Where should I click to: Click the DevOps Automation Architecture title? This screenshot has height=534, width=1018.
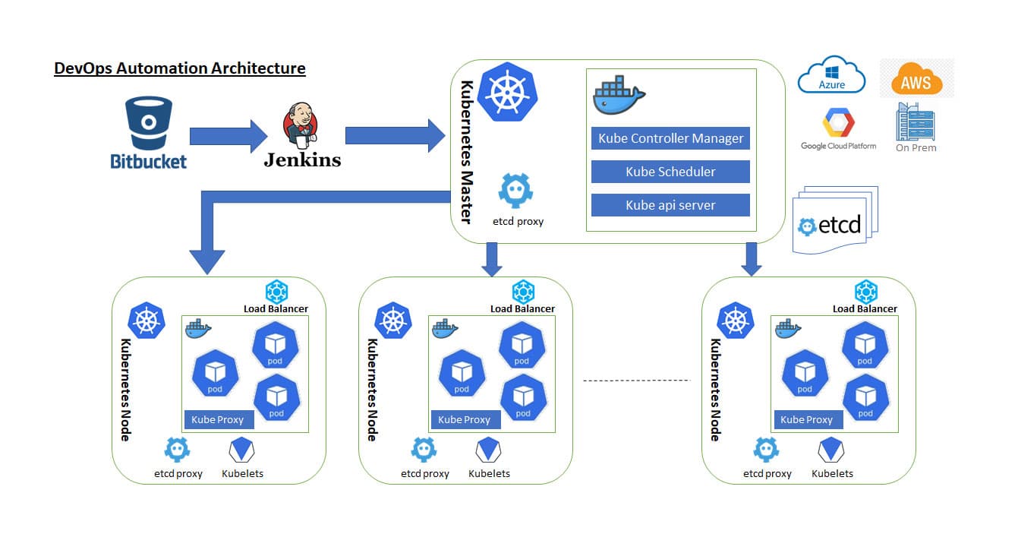click(x=180, y=68)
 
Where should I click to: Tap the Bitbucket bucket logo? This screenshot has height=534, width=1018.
click(x=149, y=122)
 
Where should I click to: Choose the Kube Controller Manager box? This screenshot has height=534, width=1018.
click(x=670, y=138)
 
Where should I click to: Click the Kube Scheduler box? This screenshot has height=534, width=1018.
click(x=670, y=172)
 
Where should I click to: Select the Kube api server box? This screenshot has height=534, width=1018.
click(x=670, y=205)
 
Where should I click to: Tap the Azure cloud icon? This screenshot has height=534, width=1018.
click(x=831, y=75)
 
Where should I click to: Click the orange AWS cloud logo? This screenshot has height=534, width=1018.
click(x=916, y=79)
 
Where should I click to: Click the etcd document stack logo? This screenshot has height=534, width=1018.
click(x=834, y=220)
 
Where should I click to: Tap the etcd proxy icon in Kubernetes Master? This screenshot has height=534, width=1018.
click(x=516, y=191)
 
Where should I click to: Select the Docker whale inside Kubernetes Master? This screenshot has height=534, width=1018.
click(x=619, y=95)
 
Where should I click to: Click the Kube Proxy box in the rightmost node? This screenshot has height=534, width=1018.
click(x=806, y=419)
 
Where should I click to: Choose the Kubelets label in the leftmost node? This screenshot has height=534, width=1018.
click(x=242, y=473)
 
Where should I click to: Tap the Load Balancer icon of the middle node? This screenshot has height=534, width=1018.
click(x=523, y=292)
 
